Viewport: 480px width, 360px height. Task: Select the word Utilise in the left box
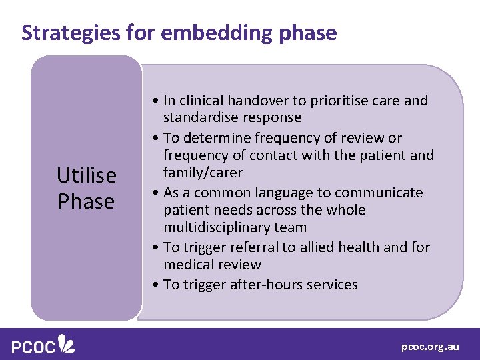click(x=87, y=175)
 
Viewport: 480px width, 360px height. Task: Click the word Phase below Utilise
click(x=87, y=201)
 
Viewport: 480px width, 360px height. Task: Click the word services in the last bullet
click(x=329, y=285)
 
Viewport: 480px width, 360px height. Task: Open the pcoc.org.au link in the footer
click(x=430, y=347)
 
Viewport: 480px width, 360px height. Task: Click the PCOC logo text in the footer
click(x=33, y=346)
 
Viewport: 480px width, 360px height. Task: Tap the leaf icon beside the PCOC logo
click(x=67, y=343)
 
